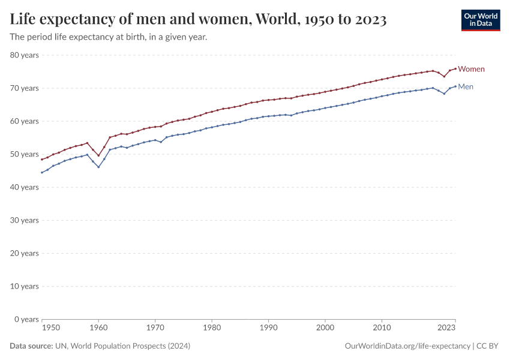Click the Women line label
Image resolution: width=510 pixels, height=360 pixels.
(471, 69)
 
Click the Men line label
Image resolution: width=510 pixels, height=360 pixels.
(466, 86)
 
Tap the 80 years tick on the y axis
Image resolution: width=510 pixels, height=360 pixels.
(25, 55)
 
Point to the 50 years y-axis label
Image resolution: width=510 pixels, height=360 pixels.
(25, 154)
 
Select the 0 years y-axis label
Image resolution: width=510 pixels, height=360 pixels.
(26, 319)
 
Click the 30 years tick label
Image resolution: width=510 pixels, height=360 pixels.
(25, 220)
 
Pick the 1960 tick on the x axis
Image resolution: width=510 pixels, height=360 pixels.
(98, 328)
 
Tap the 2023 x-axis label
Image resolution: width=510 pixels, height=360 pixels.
(446, 328)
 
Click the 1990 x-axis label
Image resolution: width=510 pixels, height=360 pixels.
(268, 328)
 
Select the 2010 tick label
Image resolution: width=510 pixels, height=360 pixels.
(382, 328)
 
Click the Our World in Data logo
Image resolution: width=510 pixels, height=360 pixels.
(480, 20)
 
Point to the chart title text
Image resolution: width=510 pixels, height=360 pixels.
(198, 20)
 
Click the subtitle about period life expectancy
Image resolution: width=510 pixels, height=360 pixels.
(109, 37)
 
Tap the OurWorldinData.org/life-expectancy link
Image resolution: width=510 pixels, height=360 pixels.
(407, 346)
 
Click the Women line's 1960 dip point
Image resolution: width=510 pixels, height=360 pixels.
(98, 155)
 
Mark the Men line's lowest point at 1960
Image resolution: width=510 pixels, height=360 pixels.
(98, 167)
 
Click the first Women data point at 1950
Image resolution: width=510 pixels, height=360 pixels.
(42, 159)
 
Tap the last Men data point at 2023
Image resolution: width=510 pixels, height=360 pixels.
(455, 86)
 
